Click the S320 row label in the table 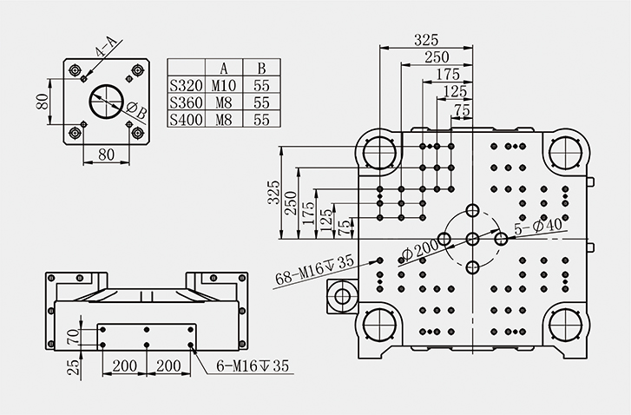click(x=184, y=85)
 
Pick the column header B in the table click(x=260, y=68)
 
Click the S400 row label click(x=184, y=119)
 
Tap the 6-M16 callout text click(x=253, y=366)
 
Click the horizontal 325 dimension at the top click(x=426, y=39)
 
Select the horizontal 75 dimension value click(x=461, y=110)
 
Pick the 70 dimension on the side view click(x=73, y=335)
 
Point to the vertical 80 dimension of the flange click(x=42, y=102)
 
